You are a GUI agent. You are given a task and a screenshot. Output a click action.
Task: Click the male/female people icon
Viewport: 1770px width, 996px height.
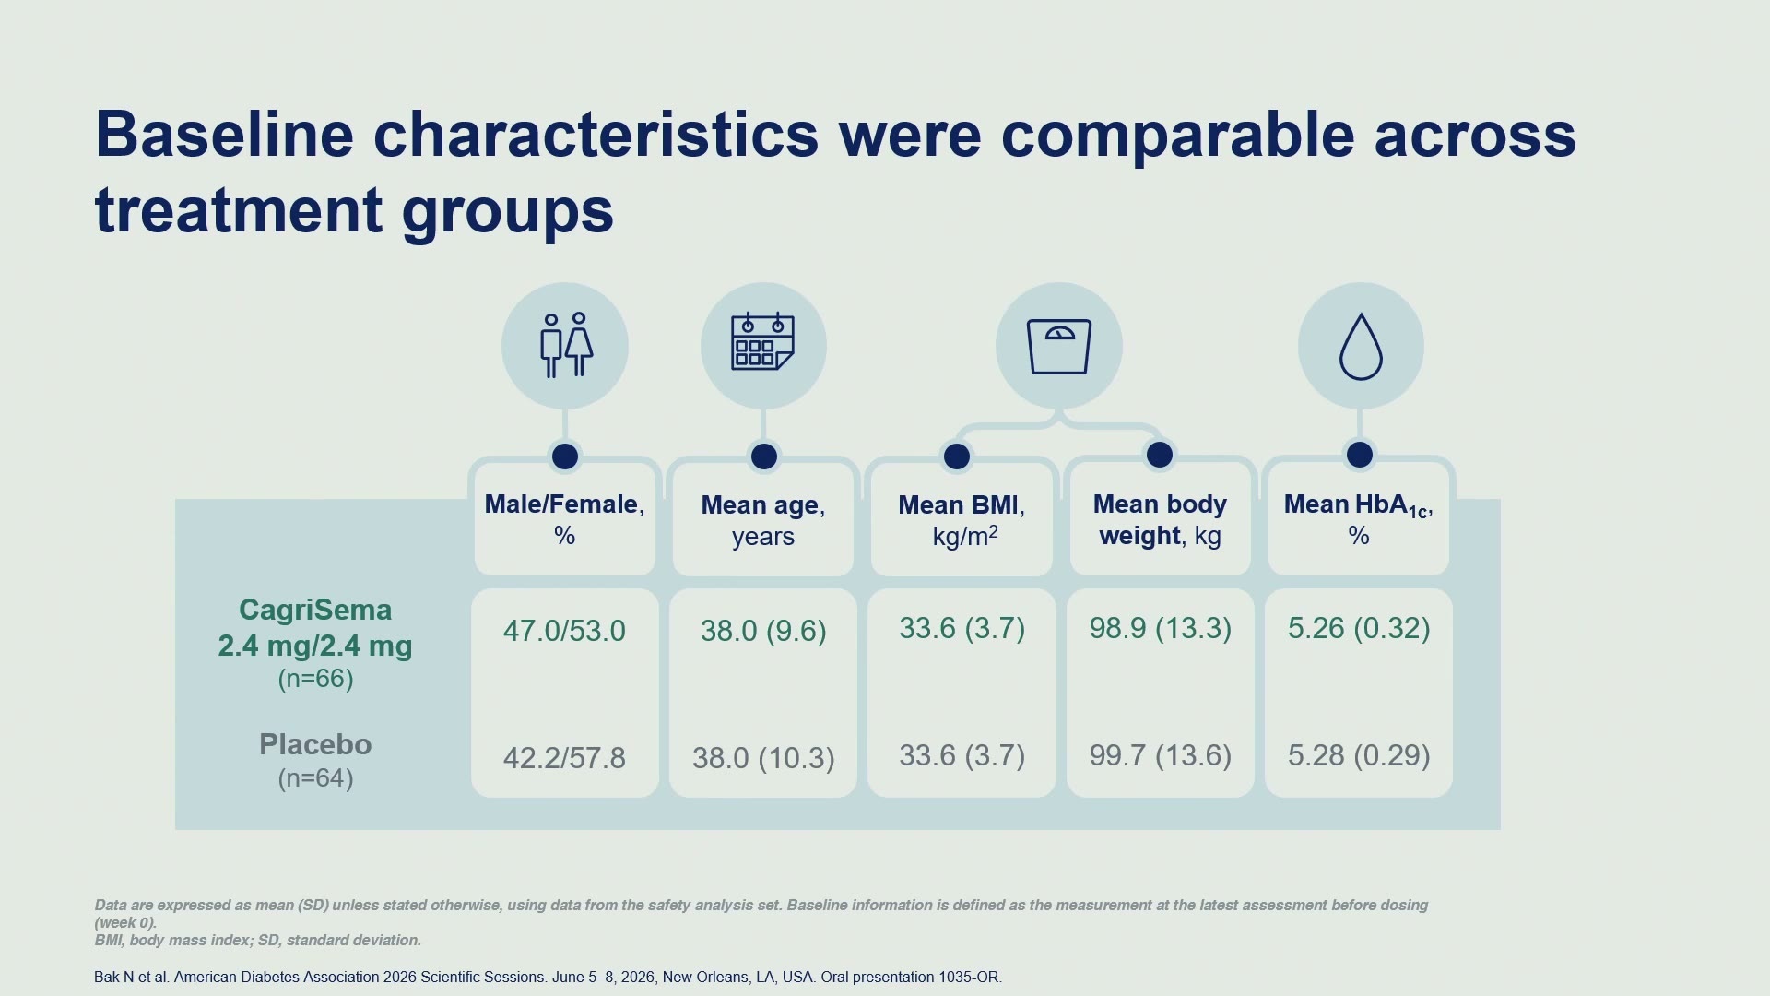coord(565,345)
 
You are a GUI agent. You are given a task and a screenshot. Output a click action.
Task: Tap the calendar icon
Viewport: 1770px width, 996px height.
coord(762,341)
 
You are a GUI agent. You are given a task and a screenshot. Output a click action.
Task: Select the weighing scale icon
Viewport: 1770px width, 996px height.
coord(1059,347)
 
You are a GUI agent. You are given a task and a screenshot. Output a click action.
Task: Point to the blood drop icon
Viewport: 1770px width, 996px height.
coord(1361,347)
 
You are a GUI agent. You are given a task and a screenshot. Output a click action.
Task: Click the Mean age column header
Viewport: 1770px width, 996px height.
coord(763,520)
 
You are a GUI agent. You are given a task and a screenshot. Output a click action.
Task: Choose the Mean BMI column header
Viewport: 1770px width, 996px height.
coord(962,520)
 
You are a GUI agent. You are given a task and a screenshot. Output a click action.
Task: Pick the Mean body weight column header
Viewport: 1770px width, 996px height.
coord(1160,519)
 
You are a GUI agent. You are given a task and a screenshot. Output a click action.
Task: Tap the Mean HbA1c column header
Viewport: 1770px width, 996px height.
coord(1359,519)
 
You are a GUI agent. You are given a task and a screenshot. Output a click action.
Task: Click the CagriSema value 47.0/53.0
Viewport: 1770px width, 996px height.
coord(564,631)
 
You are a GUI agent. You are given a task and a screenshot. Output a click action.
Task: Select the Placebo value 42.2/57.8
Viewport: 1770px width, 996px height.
coord(564,758)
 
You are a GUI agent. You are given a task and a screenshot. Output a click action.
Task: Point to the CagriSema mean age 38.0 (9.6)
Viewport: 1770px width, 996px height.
coord(763,631)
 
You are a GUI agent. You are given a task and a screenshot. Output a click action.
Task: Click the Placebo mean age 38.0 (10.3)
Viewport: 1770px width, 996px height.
coord(763,758)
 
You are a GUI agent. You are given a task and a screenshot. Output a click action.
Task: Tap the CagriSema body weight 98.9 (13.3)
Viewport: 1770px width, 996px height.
coord(1160,628)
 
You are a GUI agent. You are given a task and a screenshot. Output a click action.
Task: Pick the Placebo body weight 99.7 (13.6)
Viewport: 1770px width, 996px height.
coord(1160,755)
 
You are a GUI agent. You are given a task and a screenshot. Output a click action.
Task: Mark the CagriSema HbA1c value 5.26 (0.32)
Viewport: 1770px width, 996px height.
coord(1359,628)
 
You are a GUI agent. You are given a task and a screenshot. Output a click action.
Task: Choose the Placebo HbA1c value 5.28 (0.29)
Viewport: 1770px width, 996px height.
coord(1359,755)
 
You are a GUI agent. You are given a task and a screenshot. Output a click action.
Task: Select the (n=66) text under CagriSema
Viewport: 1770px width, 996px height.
coord(315,679)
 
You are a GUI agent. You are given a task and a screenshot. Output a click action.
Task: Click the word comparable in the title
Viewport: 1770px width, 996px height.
coord(1177,136)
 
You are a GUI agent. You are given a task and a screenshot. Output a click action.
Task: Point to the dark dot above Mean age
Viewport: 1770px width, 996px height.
coord(763,456)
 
